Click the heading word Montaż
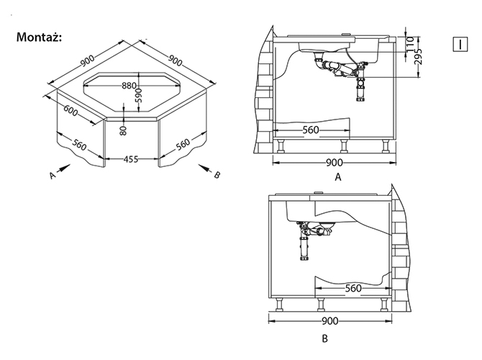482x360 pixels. tap(39, 37)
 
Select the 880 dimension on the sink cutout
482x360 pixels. tap(129, 85)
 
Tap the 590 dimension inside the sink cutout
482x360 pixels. tap(139, 95)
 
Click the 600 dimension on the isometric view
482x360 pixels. tap(71, 111)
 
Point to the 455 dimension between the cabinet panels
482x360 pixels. tap(131, 159)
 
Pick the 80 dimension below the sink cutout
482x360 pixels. tap(123, 130)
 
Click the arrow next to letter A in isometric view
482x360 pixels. tap(64, 168)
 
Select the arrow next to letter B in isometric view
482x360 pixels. tap(205, 168)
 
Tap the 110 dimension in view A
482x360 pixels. tap(410, 44)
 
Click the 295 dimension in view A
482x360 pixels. tap(418, 56)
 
